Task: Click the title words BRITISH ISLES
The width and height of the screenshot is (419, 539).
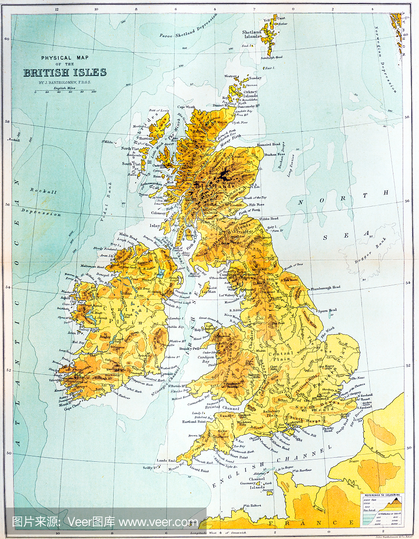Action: point(65,72)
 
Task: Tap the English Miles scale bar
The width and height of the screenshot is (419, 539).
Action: point(64,92)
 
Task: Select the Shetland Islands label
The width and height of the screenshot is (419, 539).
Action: point(252,34)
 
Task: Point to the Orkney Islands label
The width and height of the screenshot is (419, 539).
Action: point(251,93)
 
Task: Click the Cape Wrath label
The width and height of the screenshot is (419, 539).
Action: point(187,107)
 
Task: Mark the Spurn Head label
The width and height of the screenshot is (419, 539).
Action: point(327,310)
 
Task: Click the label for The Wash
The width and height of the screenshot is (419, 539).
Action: point(327,332)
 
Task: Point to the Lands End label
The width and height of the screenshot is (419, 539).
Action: point(165,460)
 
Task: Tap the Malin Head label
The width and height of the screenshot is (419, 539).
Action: point(128,235)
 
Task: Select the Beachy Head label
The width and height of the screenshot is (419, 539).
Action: point(329,430)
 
